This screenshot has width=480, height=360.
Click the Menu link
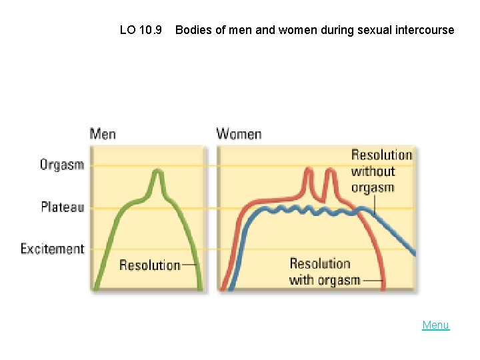(435, 325)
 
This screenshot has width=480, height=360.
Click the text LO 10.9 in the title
(141, 30)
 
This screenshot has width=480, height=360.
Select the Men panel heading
(103, 134)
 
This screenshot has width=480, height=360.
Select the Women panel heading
(239, 134)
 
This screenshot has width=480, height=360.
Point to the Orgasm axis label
(62, 165)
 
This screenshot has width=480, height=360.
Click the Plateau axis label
(62, 207)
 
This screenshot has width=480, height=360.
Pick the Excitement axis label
(53, 249)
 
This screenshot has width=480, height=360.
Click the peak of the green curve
(157, 172)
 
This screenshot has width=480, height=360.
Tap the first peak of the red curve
(308, 171)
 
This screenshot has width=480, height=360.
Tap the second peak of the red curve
(329, 171)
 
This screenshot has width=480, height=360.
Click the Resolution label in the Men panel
(149, 265)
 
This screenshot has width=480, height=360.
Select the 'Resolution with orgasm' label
(325, 272)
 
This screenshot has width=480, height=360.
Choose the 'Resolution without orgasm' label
(381, 171)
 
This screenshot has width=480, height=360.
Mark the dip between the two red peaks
(319, 197)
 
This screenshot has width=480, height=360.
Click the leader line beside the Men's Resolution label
(189, 265)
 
